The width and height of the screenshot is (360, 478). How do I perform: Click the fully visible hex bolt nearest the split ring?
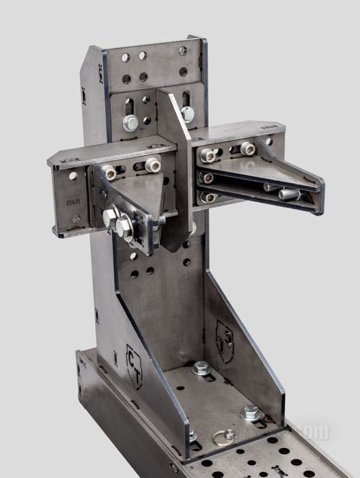(x=250, y=412)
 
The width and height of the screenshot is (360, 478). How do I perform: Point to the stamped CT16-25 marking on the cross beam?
(x=71, y=202)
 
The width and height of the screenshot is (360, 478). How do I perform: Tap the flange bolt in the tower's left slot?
(x=130, y=123)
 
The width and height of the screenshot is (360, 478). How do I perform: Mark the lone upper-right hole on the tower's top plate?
(x=182, y=51)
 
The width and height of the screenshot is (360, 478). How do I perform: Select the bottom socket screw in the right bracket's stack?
(x=207, y=197)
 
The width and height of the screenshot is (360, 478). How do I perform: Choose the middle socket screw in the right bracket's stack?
(x=206, y=178)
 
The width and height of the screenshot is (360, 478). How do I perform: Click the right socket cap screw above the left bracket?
(x=152, y=165)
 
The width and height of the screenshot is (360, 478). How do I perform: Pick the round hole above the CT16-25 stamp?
(x=73, y=176)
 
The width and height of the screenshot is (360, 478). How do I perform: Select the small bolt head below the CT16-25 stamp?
(x=76, y=219)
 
